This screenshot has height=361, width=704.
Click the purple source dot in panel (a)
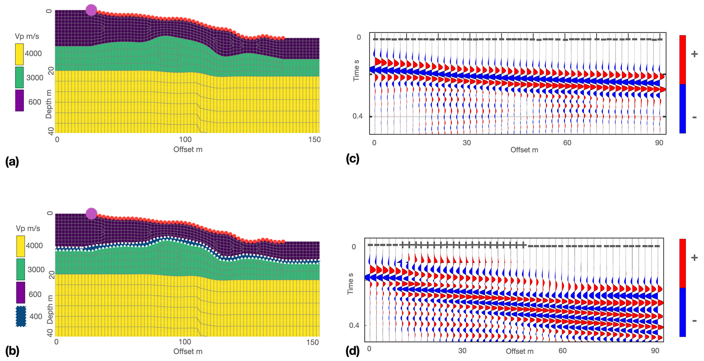[x=91, y=10]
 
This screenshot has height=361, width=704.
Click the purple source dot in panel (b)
[x=91, y=214]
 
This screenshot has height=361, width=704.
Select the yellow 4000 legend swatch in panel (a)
[x=19, y=54]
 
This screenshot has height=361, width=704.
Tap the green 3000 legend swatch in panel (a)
[x=19, y=78]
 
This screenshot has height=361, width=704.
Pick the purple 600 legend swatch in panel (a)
[x=19, y=100]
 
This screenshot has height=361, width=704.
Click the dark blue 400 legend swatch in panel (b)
[x=21, y=316]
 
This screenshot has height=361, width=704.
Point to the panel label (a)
[x=12, y=161]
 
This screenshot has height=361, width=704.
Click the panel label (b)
[x=12, y=351]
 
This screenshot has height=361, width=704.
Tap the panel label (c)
[x=353, y=159]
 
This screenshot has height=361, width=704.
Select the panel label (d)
[x=353, y=351]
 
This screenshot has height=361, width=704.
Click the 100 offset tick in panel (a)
[x=185, y=140]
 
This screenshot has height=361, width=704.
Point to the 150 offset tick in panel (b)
[x=312, y=342]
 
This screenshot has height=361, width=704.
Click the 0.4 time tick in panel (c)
[x=357, y=116]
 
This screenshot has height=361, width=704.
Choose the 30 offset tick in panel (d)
[x=462, y=351]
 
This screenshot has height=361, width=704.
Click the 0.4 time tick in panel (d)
[x=354, y=326]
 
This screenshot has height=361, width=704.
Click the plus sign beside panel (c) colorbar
[x=694, y=54]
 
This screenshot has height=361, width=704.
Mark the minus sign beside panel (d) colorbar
[x=694, y=321]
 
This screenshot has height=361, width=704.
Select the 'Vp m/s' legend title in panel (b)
[x=28, y=228]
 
